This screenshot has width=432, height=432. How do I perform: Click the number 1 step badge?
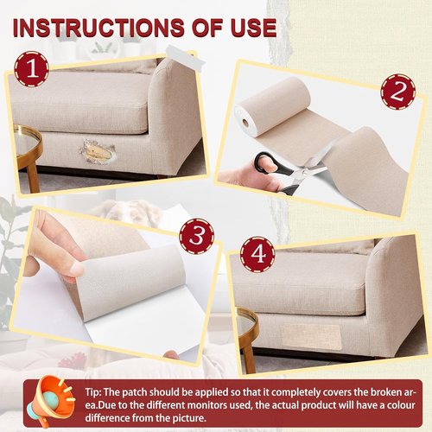coord(32,69)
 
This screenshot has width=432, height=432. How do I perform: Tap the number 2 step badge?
coord(398,92)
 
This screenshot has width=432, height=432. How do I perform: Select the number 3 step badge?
coord(197,236)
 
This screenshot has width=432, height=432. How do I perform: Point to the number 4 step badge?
coord(257,254)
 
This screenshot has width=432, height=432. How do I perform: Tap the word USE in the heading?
coord(253,28)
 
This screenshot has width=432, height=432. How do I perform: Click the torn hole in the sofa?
coord(97,150)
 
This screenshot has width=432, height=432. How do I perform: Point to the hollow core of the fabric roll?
coord(245,123)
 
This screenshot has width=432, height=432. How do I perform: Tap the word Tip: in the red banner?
coord(92,392)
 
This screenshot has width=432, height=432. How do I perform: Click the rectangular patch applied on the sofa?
coord(311,337)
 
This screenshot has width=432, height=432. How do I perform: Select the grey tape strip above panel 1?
coord(186,55)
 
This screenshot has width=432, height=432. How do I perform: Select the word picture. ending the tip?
coord(189,418)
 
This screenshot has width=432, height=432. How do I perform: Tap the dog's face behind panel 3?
coord(128,213)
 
